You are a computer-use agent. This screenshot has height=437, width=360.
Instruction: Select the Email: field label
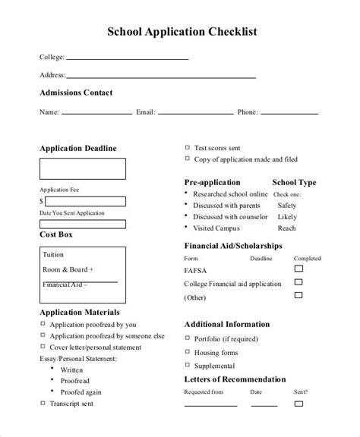coord(145,112)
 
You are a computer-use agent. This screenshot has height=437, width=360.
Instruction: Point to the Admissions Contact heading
coord(75,93)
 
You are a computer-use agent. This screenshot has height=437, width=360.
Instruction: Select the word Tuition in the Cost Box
coord(54,254)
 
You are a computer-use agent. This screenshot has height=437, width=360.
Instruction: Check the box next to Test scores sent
coord(188,148)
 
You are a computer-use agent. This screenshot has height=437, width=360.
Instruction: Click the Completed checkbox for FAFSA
coord(298,269)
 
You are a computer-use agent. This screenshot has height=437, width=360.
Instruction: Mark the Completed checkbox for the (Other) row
coord(298,296)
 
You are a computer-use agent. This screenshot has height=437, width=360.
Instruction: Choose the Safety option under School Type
coord(287,205)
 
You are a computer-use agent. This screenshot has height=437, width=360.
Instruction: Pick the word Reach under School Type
coord(287,228)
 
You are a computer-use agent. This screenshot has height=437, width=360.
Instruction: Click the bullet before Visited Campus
coord(187,228)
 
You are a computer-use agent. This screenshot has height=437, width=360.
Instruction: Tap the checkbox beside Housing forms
coord(188,351)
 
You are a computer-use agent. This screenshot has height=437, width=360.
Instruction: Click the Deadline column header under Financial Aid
coord(261,257)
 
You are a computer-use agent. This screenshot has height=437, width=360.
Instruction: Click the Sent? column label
coord(302,392)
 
